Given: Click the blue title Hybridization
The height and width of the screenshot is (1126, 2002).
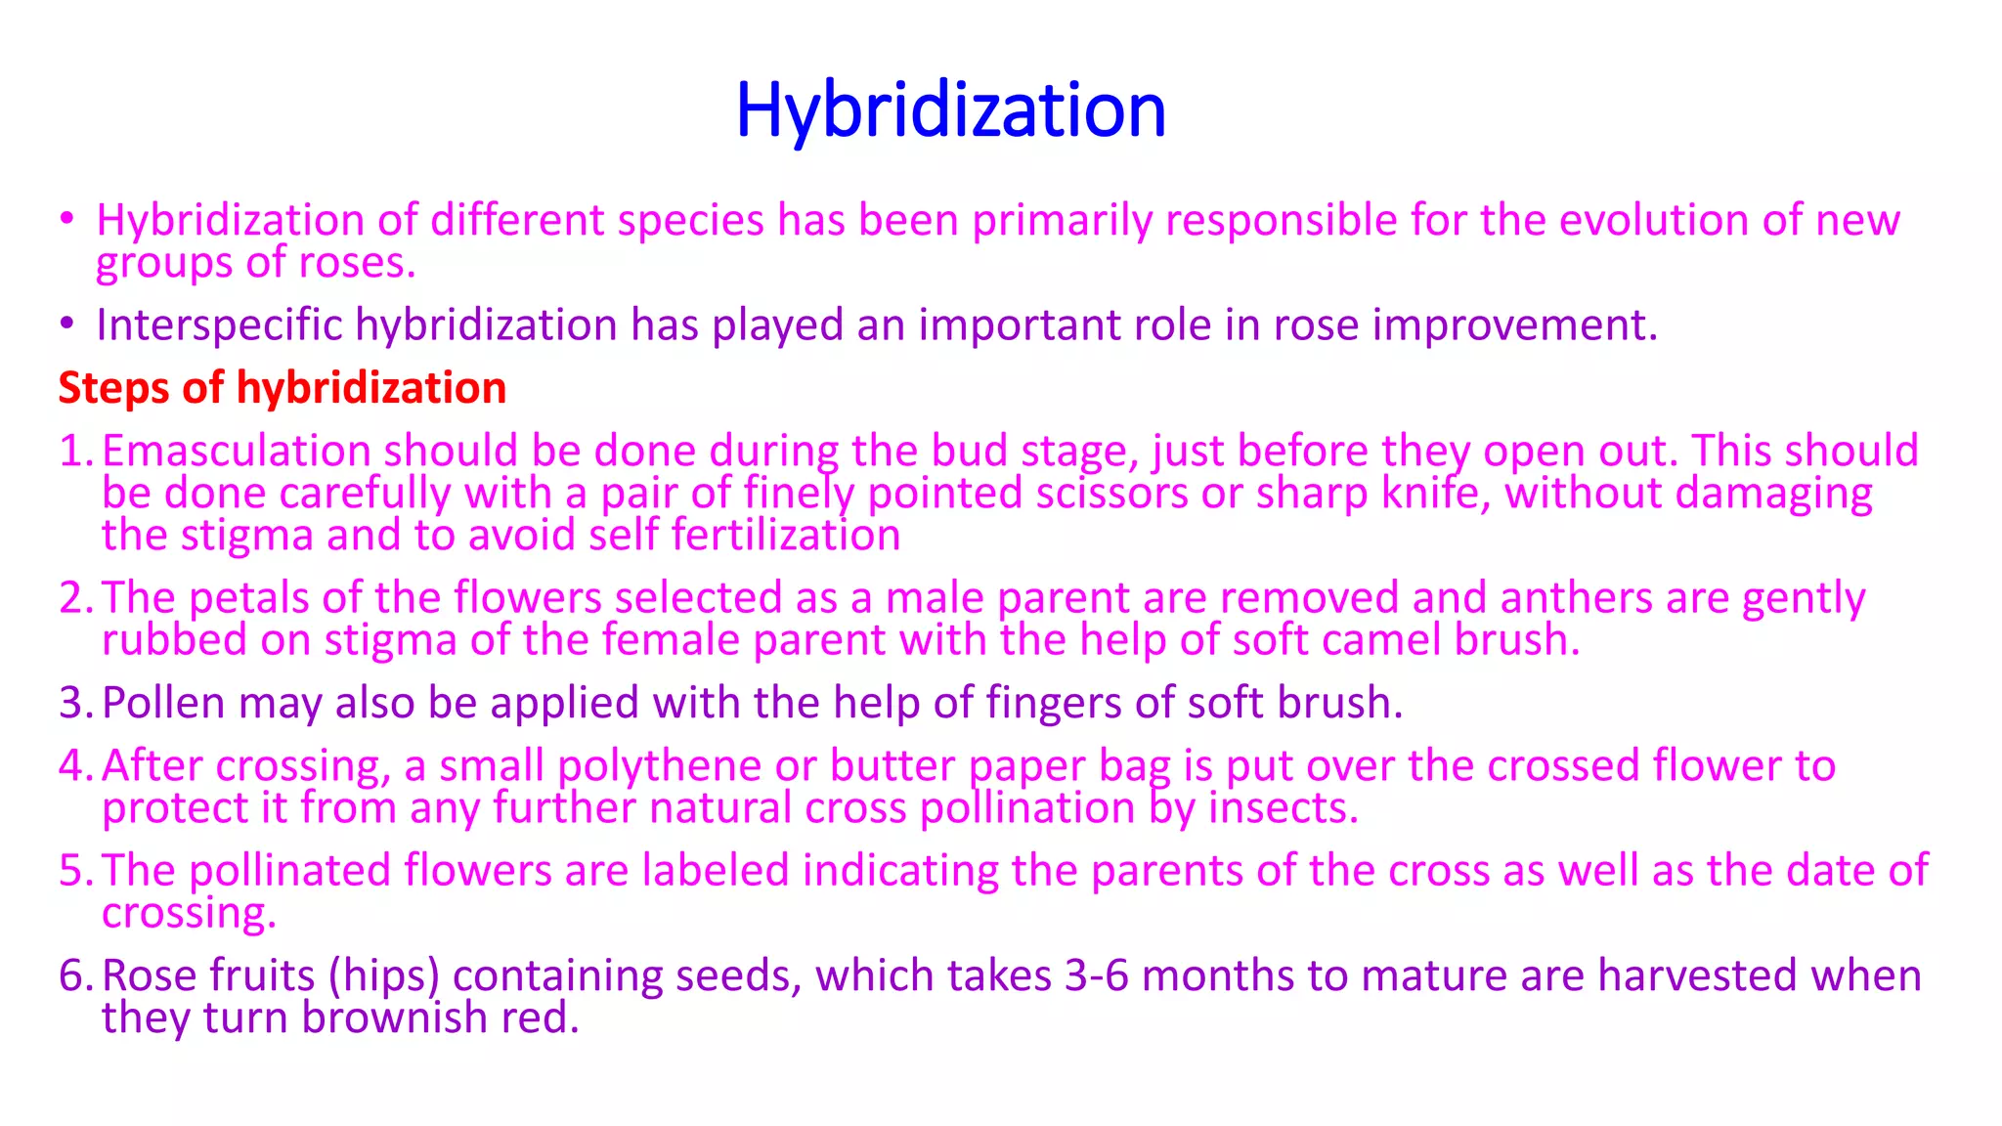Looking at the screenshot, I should click(950, 109).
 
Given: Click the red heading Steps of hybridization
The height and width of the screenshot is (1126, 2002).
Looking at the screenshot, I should click(282, 388).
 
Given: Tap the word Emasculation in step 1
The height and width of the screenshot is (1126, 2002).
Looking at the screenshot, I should click(236, 451).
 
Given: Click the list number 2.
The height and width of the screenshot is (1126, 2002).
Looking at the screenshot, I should click(73, 597).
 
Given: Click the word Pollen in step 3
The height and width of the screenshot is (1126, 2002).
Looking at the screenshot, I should click(163, 703).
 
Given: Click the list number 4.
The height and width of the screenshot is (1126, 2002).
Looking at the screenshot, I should click(73, 765).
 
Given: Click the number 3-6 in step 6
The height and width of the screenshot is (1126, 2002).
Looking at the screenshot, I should click(1097, 975).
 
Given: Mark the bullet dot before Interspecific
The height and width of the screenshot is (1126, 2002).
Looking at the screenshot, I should click(65, 324).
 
